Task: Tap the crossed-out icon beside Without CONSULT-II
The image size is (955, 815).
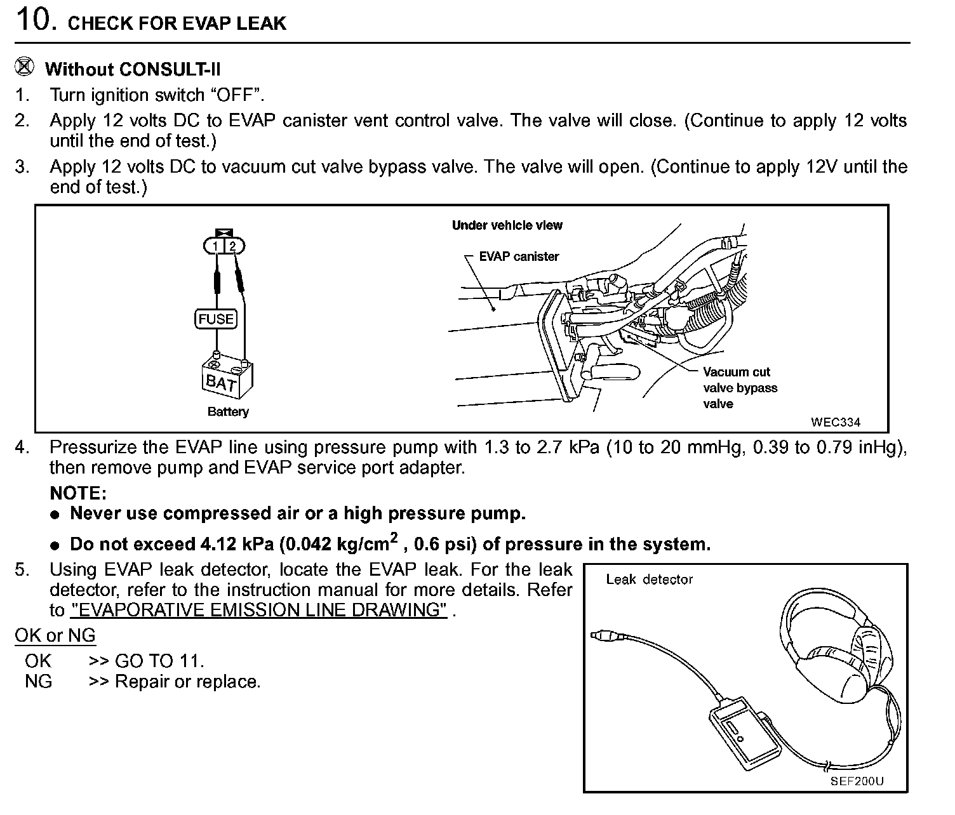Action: [x=24, y=67]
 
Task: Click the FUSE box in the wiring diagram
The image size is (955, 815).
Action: [x=216, y=319]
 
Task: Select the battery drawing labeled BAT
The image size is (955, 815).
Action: [x=227, y=377]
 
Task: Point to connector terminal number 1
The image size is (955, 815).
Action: [x=215, y=246]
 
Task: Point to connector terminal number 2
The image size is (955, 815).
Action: [x=233, y=246]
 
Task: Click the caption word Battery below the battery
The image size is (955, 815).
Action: [x=228, y=411]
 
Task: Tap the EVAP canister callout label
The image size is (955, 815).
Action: [x=519, y=256]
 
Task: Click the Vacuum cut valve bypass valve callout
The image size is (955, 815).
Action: [x=740, y=388]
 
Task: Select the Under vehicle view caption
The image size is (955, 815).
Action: [x=507, y=225]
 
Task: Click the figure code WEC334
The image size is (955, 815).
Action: [x=836, y=422]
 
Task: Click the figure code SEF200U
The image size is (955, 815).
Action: [x=856, y=781]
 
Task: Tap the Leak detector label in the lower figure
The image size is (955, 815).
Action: [x=649, y=579]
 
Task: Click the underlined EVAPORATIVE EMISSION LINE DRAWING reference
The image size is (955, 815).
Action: [x=259, y=610]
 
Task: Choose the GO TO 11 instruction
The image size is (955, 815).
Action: [x=147, y=661]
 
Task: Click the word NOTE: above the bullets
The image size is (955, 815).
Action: [x=78, y=493]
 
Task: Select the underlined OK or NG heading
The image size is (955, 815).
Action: [x=55, y=635]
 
